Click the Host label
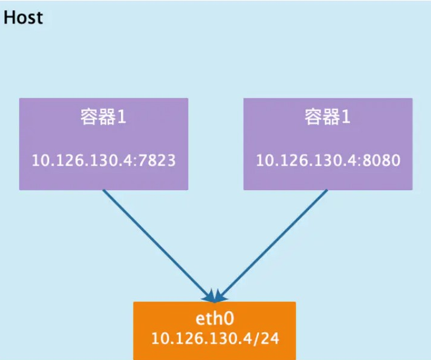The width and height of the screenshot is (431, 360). click(x=23, y=17)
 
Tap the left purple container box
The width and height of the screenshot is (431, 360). click(x=104, y=144)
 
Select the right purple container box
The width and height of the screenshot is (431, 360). click(x=328, y=144)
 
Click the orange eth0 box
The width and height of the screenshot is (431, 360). click(x=215, y=331)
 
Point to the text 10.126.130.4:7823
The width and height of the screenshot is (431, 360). click(x=104, y=160)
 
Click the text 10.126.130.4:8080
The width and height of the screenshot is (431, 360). click(x=328, y=160)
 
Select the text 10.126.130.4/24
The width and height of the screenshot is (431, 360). click(x=215, y=338)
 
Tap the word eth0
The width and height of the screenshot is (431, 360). click(x=215, y=318)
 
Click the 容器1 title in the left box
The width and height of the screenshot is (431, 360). click(x=104, y=117)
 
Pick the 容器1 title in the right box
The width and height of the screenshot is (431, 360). click(x=327, y=117)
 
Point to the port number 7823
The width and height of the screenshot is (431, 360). click(x=157, y=160)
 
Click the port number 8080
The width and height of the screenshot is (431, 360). click(x=382, y=160)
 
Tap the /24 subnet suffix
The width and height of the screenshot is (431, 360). click(x=266, y=338)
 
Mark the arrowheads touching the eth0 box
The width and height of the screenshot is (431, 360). click(x=215, y=296)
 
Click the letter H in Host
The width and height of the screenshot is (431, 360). click(x=9, y=17)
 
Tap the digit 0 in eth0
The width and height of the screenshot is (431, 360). click(x=229, y=319)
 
